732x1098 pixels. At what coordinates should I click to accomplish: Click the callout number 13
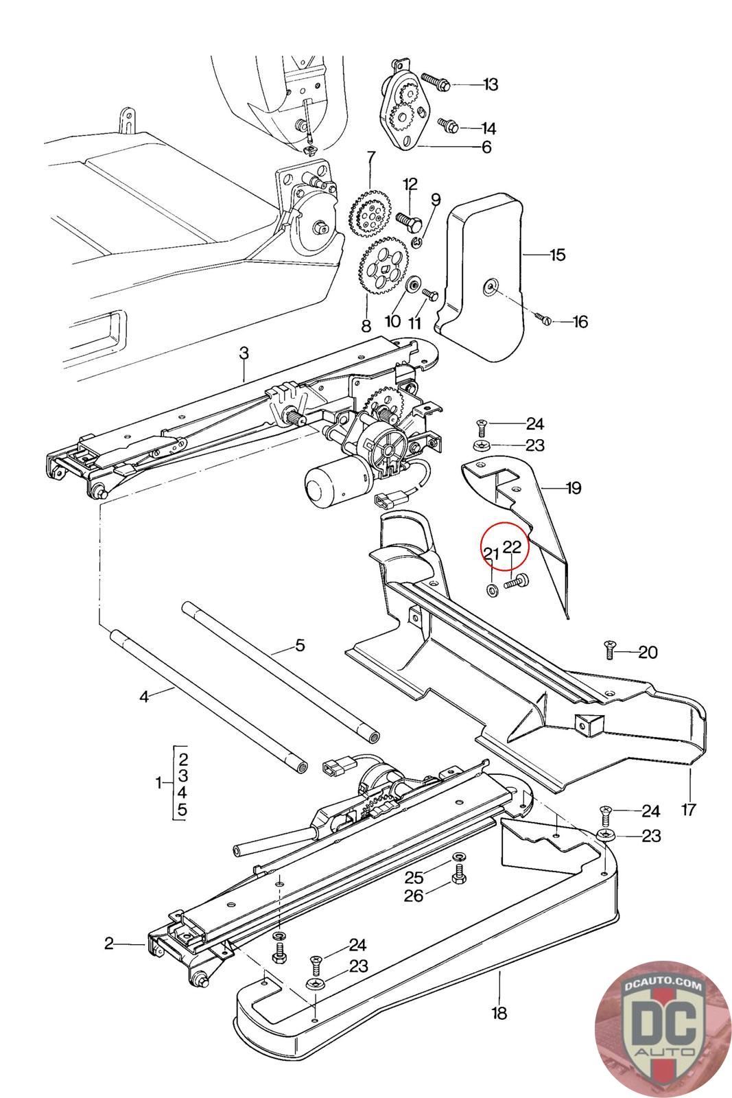(x=491, y=84)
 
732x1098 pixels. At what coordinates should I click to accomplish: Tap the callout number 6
(x=486, y=147)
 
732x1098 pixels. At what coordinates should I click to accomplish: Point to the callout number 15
(x=557, y=255)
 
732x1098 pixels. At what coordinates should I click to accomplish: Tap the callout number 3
(x=244, y=353)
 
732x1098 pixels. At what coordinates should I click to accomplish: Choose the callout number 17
(x=689, y=809)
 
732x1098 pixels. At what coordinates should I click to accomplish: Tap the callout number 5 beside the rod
(x=299, y=645)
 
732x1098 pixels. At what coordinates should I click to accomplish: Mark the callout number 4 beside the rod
(x=143, y=697)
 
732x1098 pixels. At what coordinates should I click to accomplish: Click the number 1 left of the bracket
(x=159, y=783)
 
